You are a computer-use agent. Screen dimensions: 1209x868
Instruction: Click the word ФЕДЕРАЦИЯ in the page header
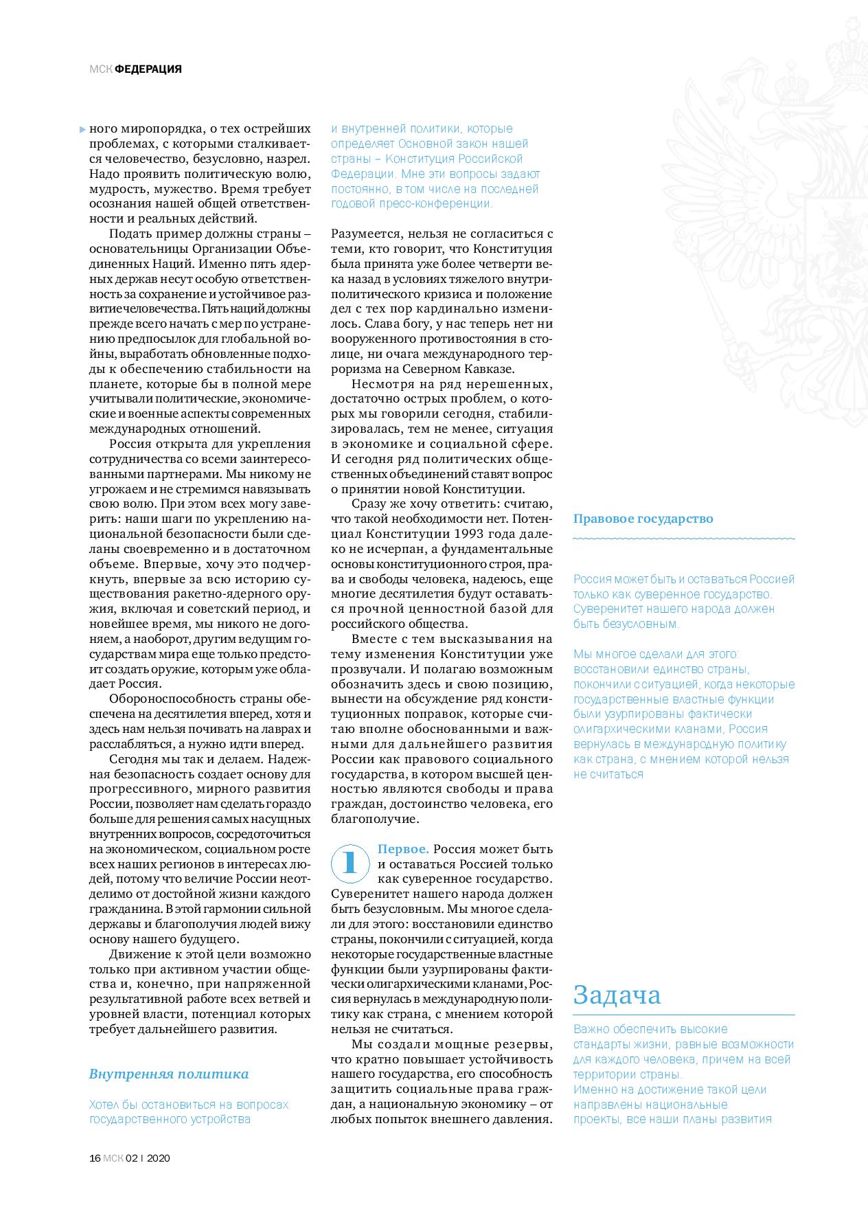[148, 69]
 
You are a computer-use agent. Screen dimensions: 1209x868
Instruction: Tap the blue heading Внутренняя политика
[169, 1074]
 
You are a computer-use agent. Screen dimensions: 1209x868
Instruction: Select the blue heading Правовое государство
[643, 519]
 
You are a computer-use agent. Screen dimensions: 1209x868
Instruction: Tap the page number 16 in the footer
[95, 1157]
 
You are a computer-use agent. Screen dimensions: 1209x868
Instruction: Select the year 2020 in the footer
[159, 1157]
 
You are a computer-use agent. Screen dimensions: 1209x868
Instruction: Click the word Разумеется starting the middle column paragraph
[364, 234]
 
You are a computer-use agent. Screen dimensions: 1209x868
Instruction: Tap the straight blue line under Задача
[684, 1015]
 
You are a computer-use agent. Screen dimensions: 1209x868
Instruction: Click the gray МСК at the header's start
[101, 69]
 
